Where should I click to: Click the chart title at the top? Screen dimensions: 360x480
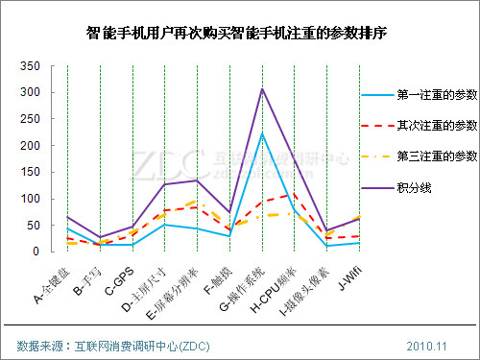(240, 34)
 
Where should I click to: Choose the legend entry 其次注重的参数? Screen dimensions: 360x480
(437, 126)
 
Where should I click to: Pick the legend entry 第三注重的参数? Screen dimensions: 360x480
(437, 156)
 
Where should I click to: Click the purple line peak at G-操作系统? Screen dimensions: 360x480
(262, 88)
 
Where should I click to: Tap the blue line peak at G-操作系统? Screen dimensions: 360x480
(262, 132)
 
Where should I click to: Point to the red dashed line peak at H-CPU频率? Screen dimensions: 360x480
(295, 194)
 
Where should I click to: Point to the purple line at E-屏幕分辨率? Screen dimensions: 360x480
(197, 180)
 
